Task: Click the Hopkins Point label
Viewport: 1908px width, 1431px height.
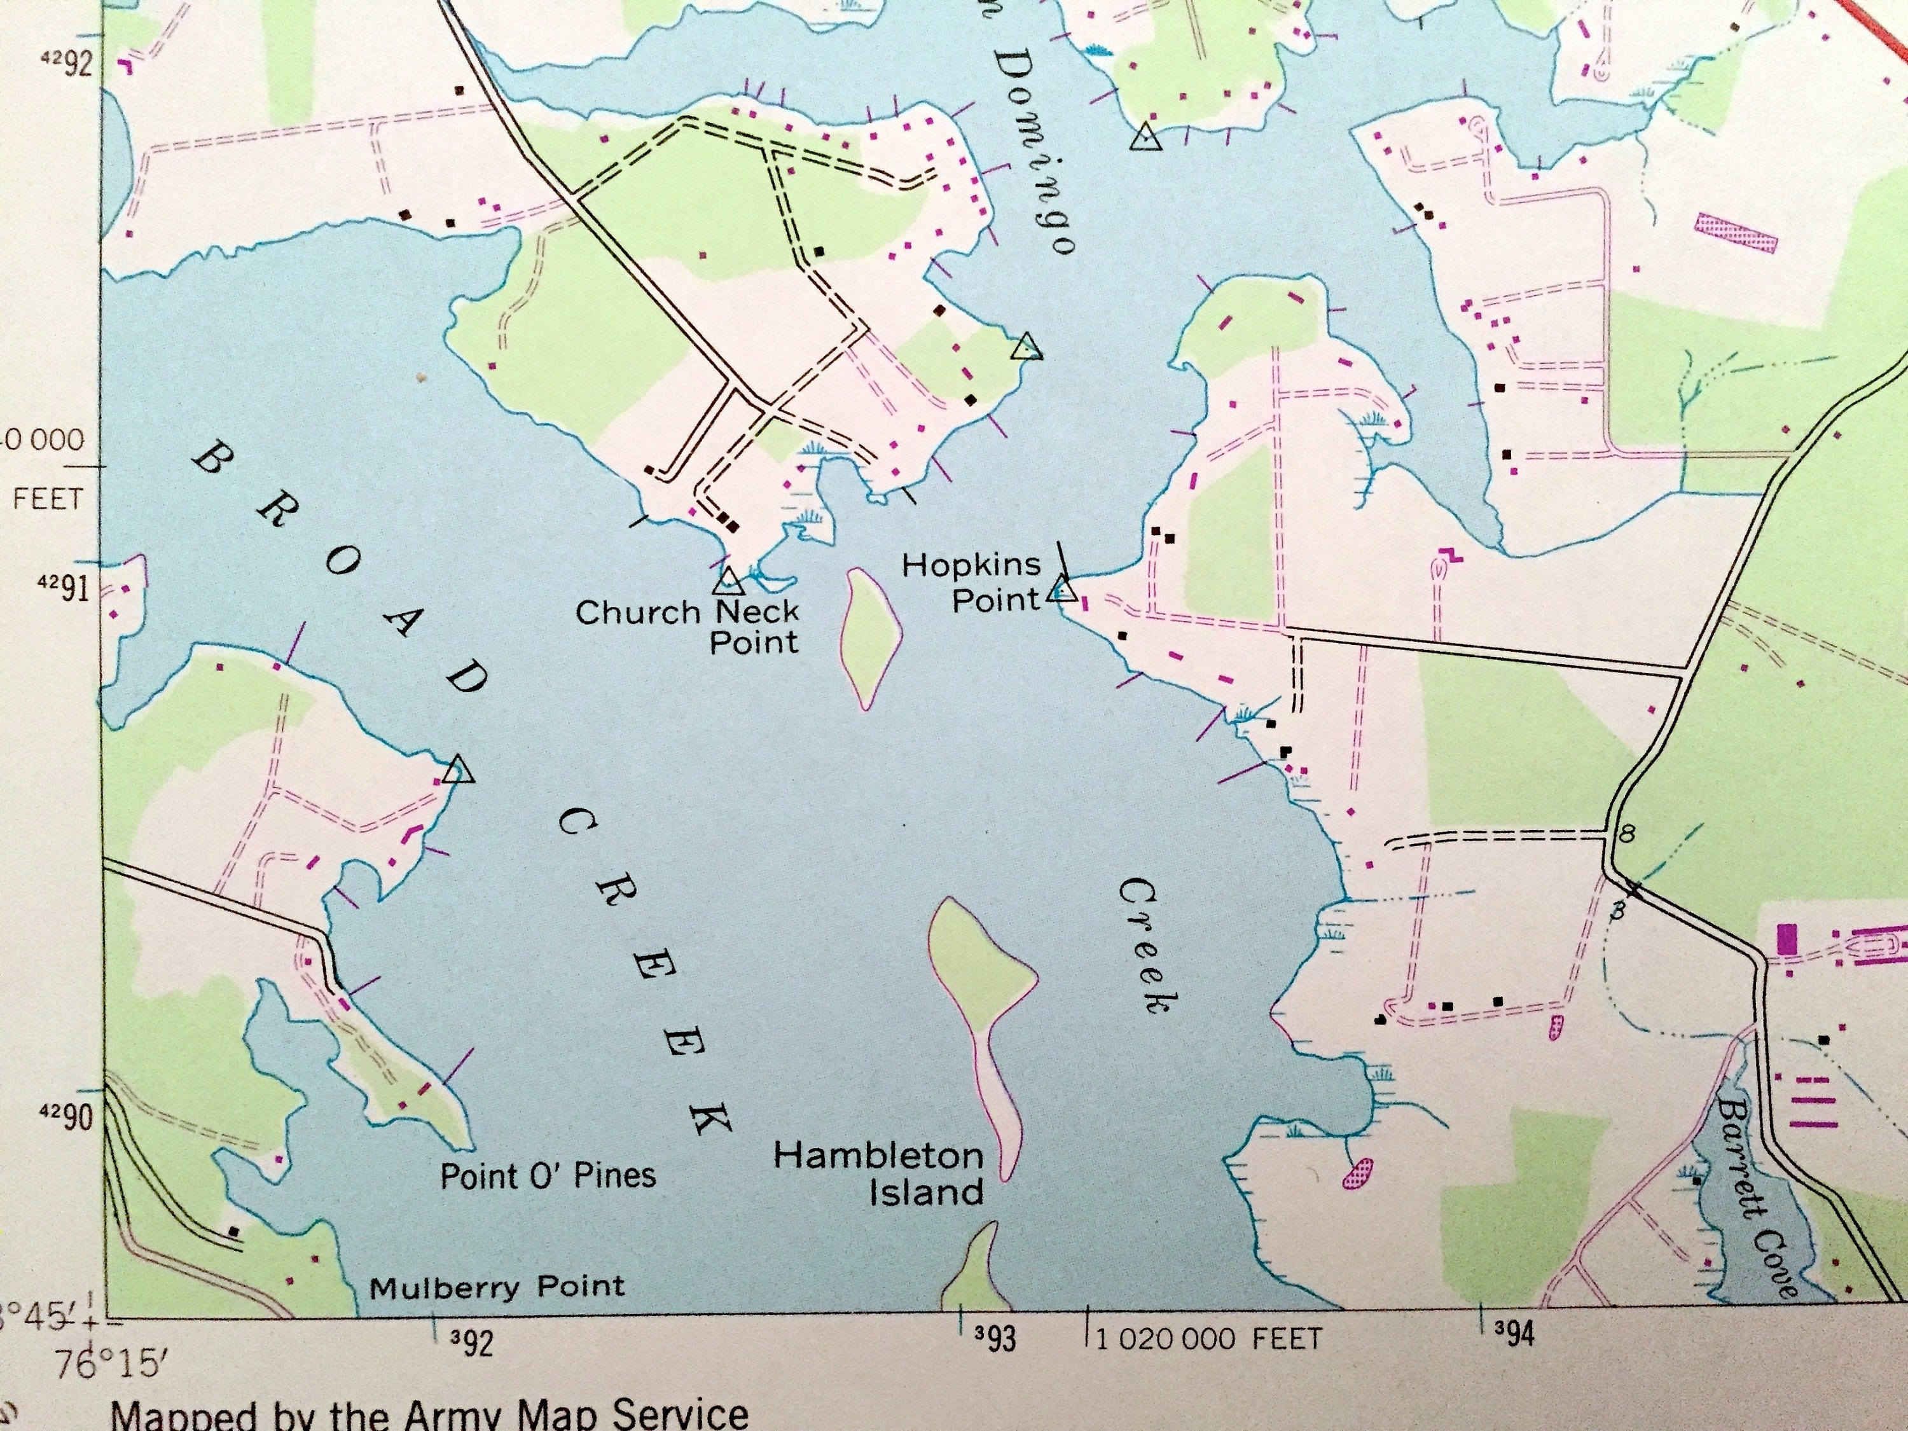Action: (x=971, y=582)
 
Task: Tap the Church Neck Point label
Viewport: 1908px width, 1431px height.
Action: (x=688, y=627)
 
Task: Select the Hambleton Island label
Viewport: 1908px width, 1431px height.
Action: (x=879, y=1174)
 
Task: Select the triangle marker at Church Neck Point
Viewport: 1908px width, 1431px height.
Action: (x=729, y=581)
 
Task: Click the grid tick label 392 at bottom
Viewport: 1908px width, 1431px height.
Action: (x=472, y=1342)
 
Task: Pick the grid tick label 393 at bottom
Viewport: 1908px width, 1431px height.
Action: (x=995, y=1339)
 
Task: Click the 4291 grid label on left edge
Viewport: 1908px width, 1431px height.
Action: (x=65, y=589)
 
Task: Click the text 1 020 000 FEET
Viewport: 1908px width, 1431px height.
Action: (x=1208, y=1339)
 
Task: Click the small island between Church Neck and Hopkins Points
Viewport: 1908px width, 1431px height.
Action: (x=871, y=639)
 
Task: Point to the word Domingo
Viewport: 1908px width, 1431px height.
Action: (x=1035, y=147)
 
